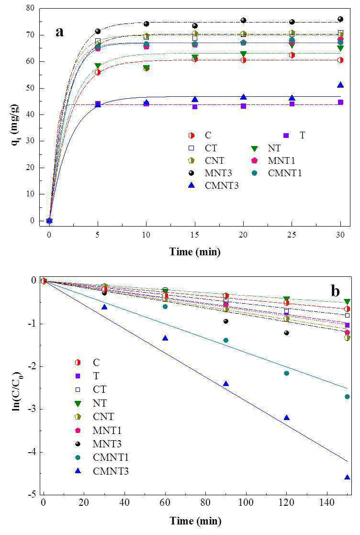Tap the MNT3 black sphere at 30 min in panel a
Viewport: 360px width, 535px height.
coord(340,19)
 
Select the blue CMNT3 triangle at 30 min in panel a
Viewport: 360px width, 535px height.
coord(340,85)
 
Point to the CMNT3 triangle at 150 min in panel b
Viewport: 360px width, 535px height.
coord(348,477)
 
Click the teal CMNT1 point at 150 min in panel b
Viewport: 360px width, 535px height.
coord(348,397)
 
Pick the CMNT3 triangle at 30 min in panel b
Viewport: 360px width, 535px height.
coord(104,307)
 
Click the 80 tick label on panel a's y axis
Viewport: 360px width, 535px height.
coord(30,8)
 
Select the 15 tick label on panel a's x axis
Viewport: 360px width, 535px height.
coord(195,235)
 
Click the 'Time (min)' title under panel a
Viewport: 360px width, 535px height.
coord(195,252)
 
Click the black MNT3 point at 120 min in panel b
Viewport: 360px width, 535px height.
coord(287,333)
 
